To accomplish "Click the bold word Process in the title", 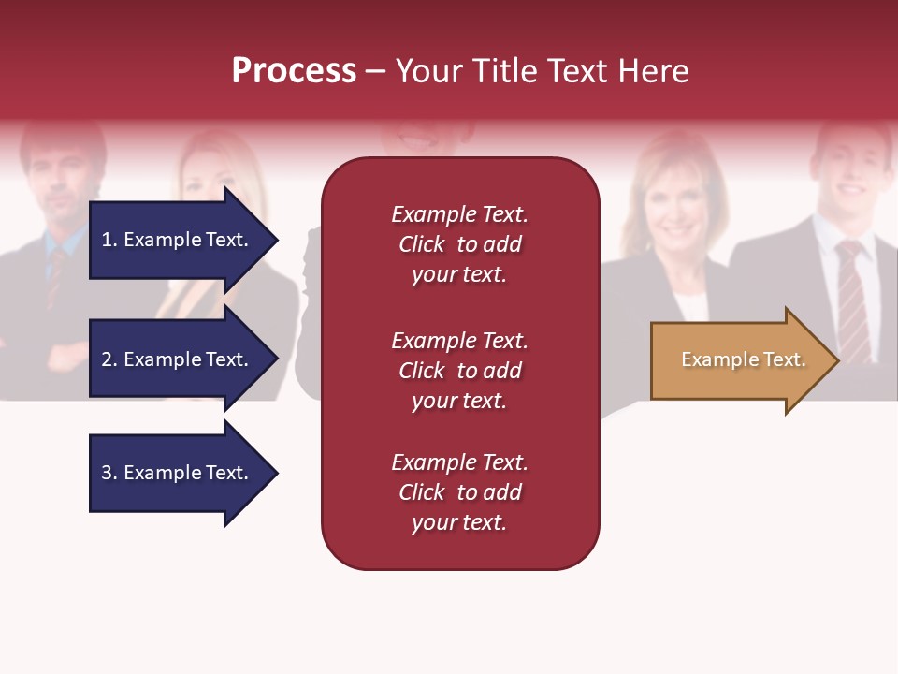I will pos(294,71).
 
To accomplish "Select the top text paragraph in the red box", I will pos(459,244).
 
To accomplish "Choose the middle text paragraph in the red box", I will pos(459,371).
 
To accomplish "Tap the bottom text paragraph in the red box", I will pos(459,492).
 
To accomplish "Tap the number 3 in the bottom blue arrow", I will pos(107,473).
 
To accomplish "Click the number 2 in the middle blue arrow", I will pos(107,359).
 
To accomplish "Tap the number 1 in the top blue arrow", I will pos(107,240).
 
